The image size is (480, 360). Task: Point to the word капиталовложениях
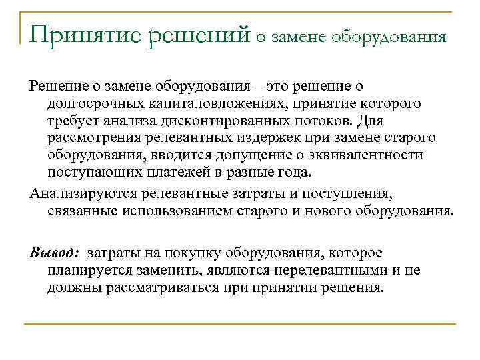tap(214, 105)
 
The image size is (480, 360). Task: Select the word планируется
tap(91, 271)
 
